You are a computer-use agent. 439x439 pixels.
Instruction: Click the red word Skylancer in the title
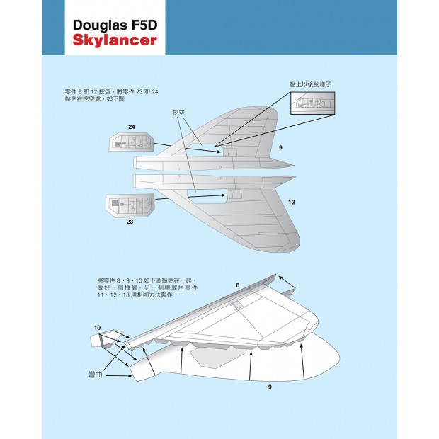[115, 40]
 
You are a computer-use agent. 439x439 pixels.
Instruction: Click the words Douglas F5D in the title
[115, 25]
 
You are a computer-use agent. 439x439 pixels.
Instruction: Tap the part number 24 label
[131, 127]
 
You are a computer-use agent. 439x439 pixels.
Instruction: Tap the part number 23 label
[130, 222]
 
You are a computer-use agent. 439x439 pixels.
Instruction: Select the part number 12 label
[292, 202]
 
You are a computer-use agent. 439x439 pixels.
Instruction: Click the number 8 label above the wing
[238, 285]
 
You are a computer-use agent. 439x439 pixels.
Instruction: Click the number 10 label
[97, 328]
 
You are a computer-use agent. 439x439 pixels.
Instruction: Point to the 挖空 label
[178, 113]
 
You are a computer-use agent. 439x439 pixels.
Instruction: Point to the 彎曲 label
[95, 375]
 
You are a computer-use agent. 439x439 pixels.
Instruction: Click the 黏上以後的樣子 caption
[311, 84]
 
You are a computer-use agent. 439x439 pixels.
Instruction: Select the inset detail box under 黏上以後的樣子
[312, 103]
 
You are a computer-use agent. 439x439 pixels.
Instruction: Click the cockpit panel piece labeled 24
[131, 142]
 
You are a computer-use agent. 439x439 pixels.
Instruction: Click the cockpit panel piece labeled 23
[130, 205]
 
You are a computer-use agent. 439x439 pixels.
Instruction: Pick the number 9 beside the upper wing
[280, 147]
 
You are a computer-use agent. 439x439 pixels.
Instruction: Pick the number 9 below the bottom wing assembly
[270, 387]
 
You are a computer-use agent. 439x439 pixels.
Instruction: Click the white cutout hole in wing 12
[207, 196]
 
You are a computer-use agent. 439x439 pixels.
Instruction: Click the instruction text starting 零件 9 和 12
[111, 95]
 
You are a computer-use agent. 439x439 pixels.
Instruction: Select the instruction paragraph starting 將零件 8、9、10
[147, 287]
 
